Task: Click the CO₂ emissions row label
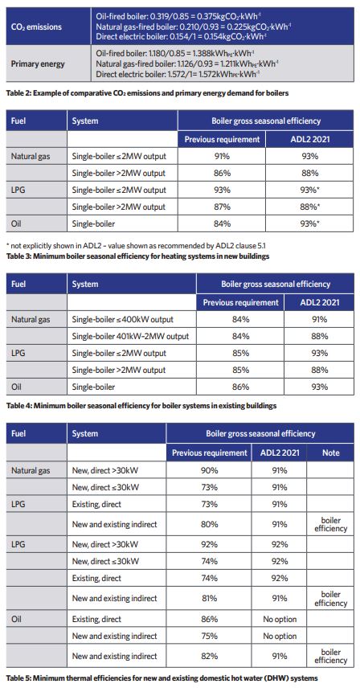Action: [x=36, y=27]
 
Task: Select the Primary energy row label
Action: [x=38, y=63]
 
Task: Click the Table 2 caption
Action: [x=147, y=93]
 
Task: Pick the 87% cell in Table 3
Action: [x=222, y=207]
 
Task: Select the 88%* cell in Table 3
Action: [x=310, y=207]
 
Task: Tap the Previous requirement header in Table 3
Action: [x=222, y=140]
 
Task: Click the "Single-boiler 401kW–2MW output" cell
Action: [x=130, y=337]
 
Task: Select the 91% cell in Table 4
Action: [x=319, y=319]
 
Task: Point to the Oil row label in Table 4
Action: [x=17, y=387]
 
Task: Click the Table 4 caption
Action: [x=141, y=406]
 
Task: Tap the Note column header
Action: [x=330, y=453]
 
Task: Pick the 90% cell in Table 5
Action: [x=209, y=471]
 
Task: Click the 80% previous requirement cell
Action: [x=209, y=524]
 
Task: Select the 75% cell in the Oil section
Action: [x=209, y=636]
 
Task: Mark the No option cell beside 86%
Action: [x=280, y=619]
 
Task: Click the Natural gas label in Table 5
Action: [x=31, y=471]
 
